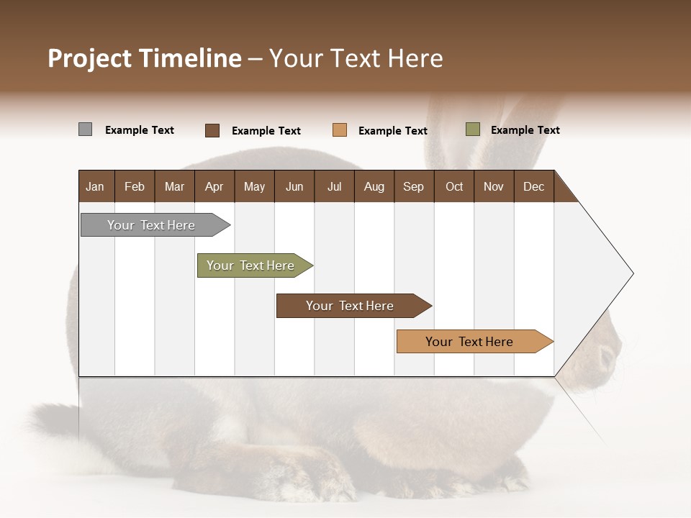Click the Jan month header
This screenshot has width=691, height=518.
(95, 186)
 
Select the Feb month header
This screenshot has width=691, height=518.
(135, 186)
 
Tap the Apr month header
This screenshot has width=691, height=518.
(214, 186)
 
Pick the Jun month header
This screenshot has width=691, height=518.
(294, 186)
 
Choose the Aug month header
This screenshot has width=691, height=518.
(374, 186)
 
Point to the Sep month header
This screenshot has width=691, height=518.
(413, 186)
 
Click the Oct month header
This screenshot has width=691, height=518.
(454, 186)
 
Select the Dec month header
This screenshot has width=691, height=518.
(533, 186)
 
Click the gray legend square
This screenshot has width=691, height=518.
(85, 129)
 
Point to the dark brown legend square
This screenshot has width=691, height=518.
(212, 130)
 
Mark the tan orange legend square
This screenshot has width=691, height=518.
(340, 130)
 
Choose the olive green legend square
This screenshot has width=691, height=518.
(472, 129)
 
